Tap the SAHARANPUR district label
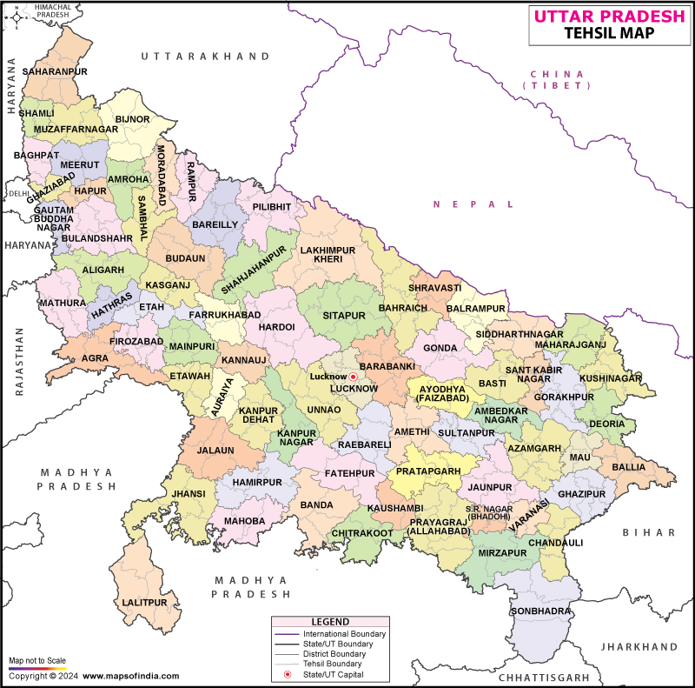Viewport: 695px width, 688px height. (53, 70)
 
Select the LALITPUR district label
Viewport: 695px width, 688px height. (143, 602)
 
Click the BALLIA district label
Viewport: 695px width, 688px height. (628, 467)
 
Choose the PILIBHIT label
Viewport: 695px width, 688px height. (272, 207)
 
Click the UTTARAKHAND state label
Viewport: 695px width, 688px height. (206, 56)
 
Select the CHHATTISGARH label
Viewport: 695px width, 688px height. (544, 676)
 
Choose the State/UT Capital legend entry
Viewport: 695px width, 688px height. (332, 674)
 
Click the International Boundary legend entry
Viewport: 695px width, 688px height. (343, 633)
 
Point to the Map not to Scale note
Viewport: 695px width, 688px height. (38, 661)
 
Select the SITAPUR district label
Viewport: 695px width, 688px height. (339, 315)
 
